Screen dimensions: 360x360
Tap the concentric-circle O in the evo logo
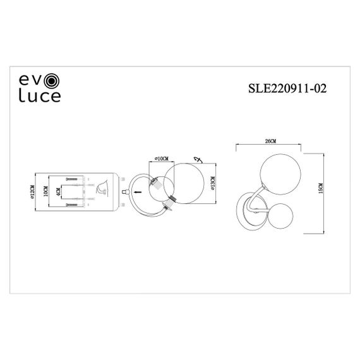[x=53, y=81]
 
